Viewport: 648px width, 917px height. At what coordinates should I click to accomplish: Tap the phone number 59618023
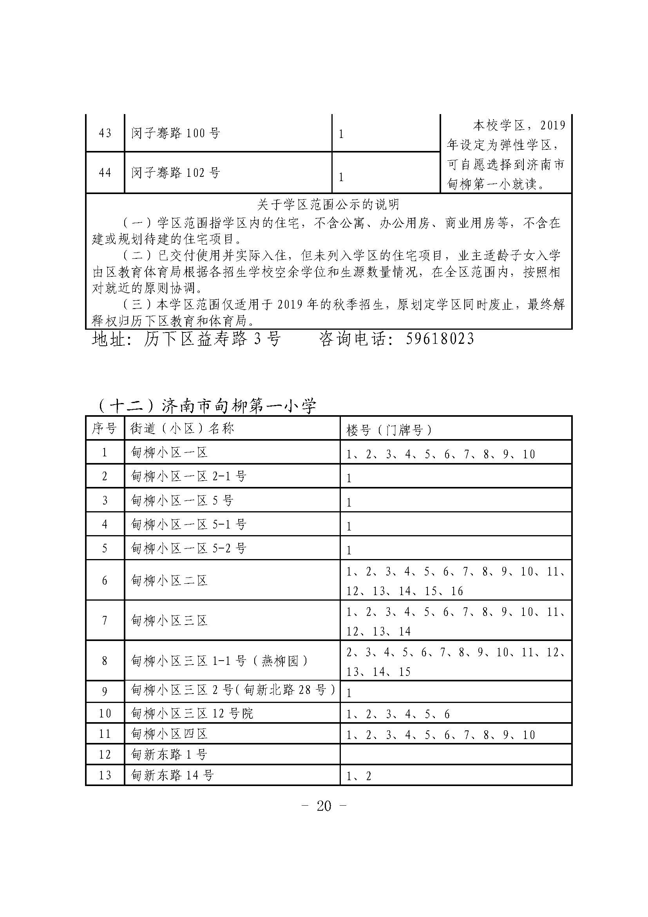tap(440, 339)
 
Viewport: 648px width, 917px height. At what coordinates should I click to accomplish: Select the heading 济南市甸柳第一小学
tap(239, 406)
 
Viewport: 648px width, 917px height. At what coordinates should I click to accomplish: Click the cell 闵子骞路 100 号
tap(176, 133)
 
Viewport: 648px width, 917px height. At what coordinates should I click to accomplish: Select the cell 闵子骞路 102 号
tap(176, 173)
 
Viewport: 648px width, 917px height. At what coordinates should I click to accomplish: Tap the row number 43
tap(105, 133)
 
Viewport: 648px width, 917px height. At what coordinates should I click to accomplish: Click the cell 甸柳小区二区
tap(170, 580)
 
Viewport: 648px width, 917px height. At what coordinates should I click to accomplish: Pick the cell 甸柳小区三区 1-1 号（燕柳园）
tap(219, 661)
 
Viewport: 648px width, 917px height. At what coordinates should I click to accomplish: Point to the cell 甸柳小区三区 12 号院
tap(192, 713)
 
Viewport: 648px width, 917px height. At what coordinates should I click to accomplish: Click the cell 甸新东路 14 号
tap(172, 775)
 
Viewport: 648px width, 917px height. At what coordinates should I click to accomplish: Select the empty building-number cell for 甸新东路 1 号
tap(456, 754)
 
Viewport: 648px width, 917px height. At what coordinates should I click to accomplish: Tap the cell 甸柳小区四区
tap(170, 734)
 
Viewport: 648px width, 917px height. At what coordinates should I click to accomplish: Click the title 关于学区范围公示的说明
tap(328, 205)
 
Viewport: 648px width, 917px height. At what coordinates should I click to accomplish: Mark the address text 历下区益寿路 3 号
tap(212, 339)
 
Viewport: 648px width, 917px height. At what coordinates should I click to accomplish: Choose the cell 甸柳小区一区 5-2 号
tap(189, 548)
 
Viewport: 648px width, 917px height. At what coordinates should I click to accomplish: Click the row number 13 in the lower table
tap(105, 775)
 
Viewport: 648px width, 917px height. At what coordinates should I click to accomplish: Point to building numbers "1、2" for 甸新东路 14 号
tap(359, 776)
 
